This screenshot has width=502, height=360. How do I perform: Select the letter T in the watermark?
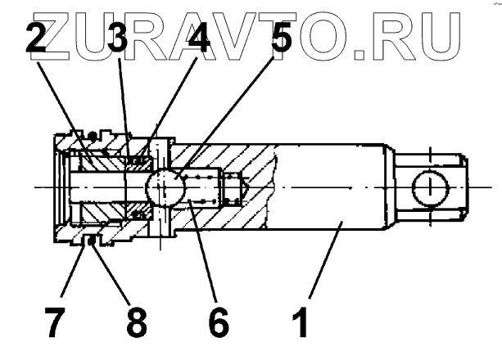click(292, 31)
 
